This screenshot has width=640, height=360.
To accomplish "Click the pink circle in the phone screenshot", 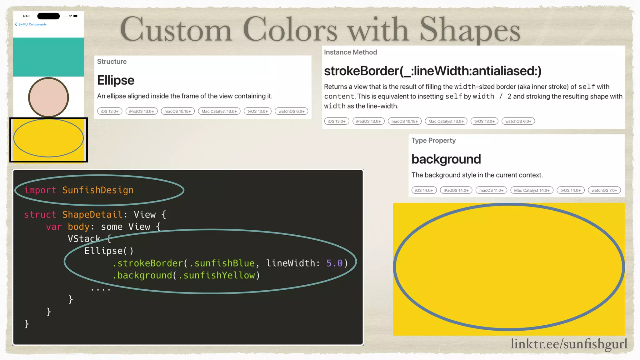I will click(x=48, y=97).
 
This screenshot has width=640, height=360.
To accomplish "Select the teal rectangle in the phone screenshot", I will click(x=48, y=57).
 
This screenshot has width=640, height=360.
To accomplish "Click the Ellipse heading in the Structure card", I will click(x=116, y=80).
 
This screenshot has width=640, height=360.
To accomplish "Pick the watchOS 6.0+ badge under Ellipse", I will click(x=291, y=111).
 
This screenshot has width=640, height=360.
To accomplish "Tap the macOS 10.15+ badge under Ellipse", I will click(x=177, y=111).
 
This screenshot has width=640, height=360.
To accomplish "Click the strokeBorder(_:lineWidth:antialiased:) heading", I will click(x=432, y=71).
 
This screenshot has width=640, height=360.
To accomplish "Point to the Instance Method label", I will click(x=350, y=52).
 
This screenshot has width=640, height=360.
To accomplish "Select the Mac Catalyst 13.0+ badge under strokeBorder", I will click(x=446, y=121).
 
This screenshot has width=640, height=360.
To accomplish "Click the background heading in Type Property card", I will click(x=446, y=159).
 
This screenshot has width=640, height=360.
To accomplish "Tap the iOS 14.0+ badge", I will click(x=424, y=190).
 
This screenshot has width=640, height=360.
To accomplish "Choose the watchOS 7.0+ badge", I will click(x=604, y=190).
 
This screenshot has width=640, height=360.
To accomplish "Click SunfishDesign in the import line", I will click(x=98, y=190).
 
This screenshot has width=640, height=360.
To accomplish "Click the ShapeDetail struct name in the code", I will click(x=92, y=214).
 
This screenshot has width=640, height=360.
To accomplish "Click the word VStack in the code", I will click(x=84, y=239).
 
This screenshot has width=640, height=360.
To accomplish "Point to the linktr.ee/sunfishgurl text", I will click(x=569, y=344).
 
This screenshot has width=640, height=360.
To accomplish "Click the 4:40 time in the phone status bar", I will click(x=26, y=16).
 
